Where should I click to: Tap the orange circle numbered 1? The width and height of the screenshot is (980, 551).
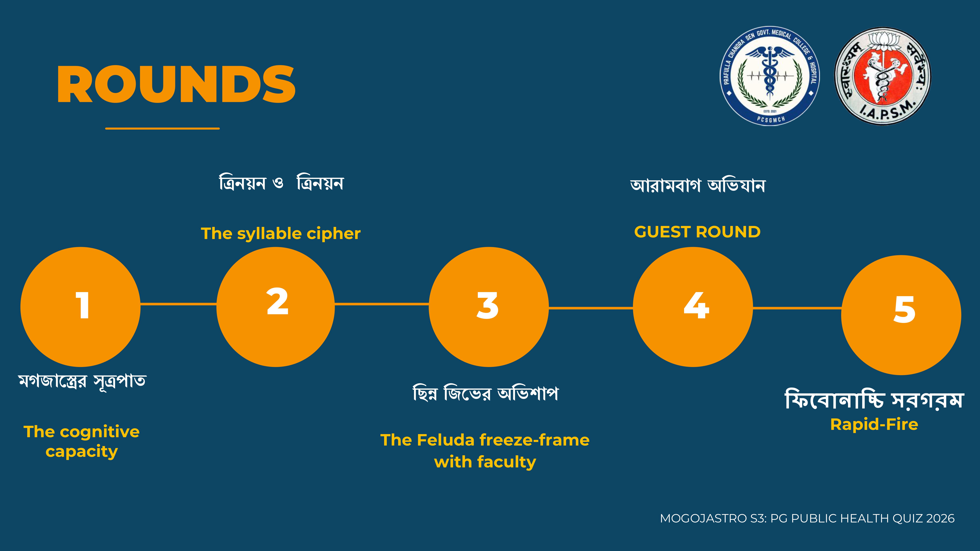tap(80, 307)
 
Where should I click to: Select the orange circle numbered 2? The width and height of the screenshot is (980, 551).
tap(275, 307)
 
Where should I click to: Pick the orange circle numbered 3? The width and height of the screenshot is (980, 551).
tap(489, 307)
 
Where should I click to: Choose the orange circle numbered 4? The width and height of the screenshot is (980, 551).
tap(693, 307)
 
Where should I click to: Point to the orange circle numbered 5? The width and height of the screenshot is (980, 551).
tap(901, 315)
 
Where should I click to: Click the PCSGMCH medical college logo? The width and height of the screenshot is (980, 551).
tap(770, 76)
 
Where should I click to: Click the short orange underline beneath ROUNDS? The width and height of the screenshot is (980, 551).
tap(163, 128)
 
